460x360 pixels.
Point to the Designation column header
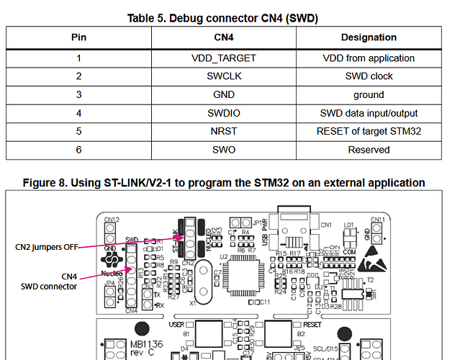click(x=368, y=37)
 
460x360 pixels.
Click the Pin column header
click(x=79, y=37)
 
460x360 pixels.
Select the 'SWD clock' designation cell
click(x=368, y=76)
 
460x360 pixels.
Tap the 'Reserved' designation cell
click(x=368, y=150)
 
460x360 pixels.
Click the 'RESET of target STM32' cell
click(x=368, y=131)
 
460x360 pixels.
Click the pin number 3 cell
click(x=79, y=94)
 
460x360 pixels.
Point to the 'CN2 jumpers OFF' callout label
click(x=47, y=246)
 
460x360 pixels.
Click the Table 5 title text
click(x=222, y=17)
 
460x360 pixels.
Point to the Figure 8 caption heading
click(x=223, y=183)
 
